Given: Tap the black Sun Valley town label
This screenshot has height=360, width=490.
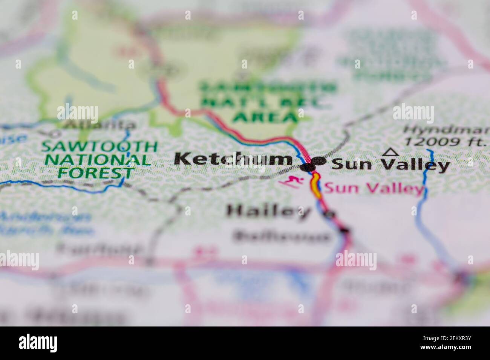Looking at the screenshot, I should (x=390, y=165).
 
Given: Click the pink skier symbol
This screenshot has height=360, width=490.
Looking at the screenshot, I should (x=291, y=182).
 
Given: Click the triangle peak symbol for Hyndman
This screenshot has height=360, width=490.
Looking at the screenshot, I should (x=390, y=152).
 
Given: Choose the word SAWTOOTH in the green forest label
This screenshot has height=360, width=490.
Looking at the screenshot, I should (x=100, y=146).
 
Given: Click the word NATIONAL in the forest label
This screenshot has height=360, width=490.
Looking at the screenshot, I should (x=100, y=160).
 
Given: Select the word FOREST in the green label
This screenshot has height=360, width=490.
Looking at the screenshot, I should (x=96, y=173).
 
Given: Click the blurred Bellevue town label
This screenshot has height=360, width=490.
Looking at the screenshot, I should (x=281, y=236).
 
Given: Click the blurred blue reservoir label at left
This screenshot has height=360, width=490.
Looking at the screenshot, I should (x=45, y=222).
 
